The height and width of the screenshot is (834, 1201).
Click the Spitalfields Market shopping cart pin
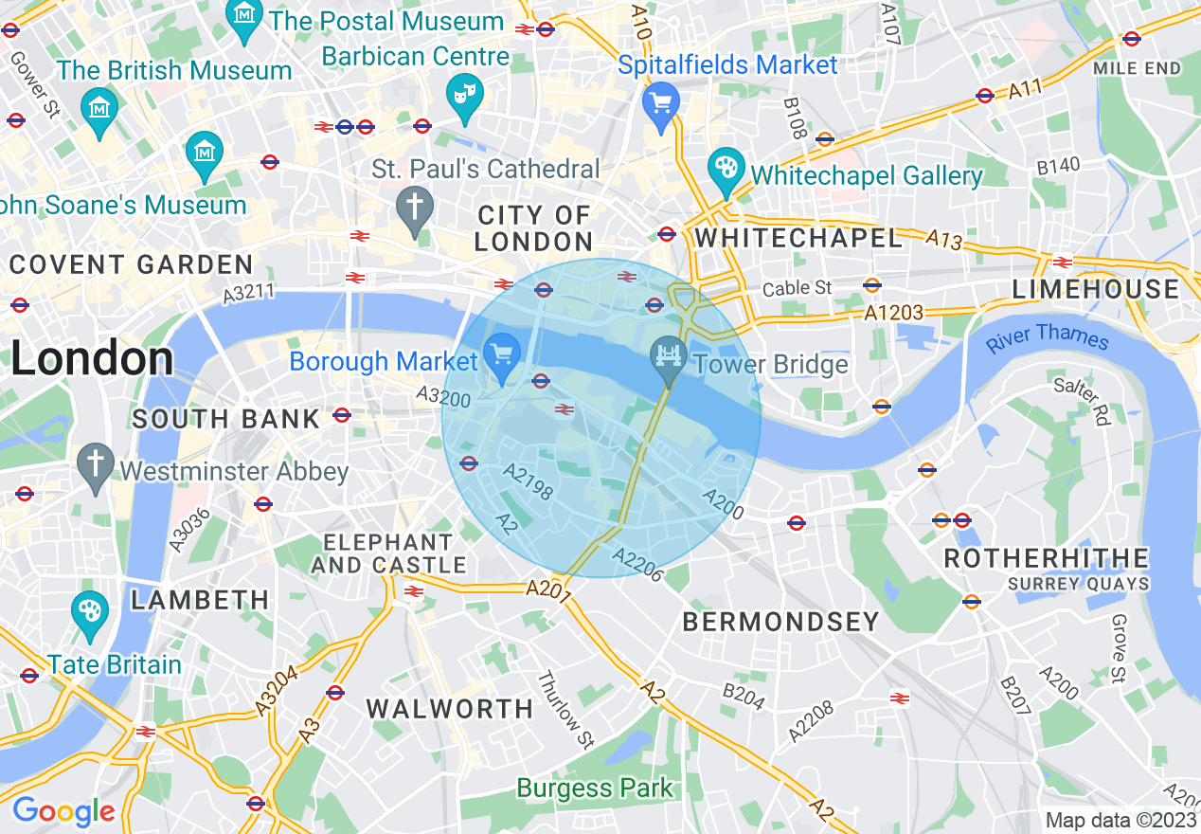[x=660, y=103]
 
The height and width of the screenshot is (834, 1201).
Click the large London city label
[x=93, y=359]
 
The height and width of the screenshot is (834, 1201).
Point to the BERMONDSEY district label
[x=780, y=622]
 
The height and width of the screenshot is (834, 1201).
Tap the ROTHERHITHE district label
[x=1046, y=558]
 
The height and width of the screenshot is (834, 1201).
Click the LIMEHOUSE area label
[x=1095, y=289]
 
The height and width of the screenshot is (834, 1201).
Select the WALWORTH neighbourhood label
[x=450, y=709]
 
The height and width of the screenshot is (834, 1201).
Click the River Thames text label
[x=1047, y=336]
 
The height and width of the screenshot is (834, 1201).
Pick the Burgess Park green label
[x=594, y=788]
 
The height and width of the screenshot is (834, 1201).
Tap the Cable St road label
[x=798, y=287]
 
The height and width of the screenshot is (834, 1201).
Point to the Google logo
[x=63, y=811]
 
